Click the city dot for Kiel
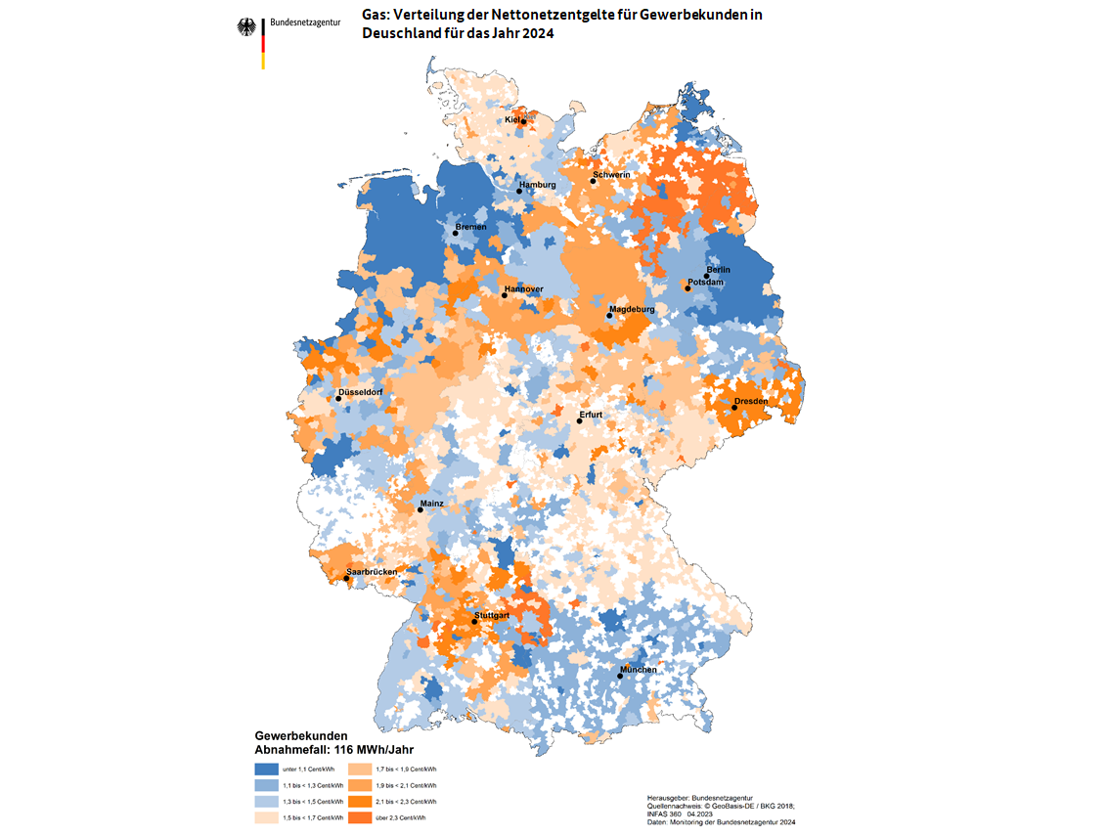point(523,122)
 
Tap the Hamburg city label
point(537,185)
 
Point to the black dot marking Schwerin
point(593,181)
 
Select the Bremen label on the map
point(470,227)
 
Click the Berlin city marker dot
point(706,276)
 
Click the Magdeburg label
point(632,309)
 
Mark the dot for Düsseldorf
point(338,399)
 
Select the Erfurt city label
point(591,415)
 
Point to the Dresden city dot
point(734,408)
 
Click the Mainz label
point(431,504)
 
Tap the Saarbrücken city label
point(371,571)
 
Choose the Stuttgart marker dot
point(474,622)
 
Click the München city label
point(638,670)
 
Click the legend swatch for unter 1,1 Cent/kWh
point(266,770)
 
